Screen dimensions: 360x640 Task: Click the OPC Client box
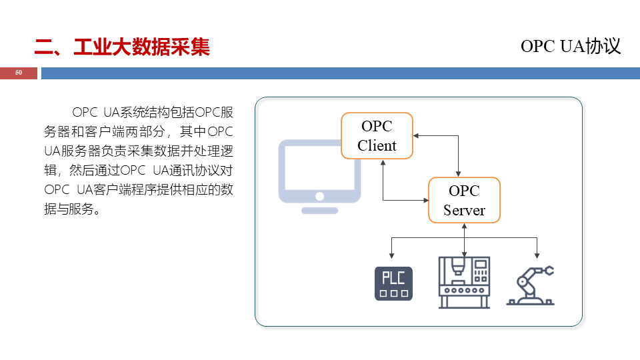pyautogui.click(x=377, y=135)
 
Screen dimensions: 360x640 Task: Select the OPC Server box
pyautogui.click(x=464, y=200)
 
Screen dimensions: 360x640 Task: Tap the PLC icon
pyautogui.click(x=393, y=283)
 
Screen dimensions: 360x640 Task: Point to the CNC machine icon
pyautogui.click(x=464, y=283)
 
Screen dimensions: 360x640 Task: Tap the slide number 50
pyautogui.click(x=19, y=73)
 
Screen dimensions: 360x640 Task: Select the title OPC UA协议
pyautogui.click(x=571, y=45)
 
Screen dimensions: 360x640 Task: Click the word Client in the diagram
pyautogui.click(x=377, y=145)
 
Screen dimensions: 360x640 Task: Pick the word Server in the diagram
pyautogui.click(x=464, y=210)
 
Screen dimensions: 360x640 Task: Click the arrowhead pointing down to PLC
pyautogui.click(x=392, y=255)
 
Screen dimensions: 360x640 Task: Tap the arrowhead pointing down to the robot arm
pyautogui.click(x=535, y=255)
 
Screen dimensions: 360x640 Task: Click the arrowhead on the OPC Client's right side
pyautogui.click(x=416, y=135)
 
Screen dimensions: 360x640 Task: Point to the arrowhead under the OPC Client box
pyautogui.click(x=383, y=162)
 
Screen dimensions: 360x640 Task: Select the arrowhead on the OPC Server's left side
pyautogui.click(x=425, y=199)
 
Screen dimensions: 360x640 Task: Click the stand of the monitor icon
pyautogui.click(x=319, y=209)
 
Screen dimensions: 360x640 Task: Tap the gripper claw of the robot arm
pyautogui.click(x=548, y=271)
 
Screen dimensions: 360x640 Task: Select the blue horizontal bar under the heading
pyautogui.click(x=340, y=73)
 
